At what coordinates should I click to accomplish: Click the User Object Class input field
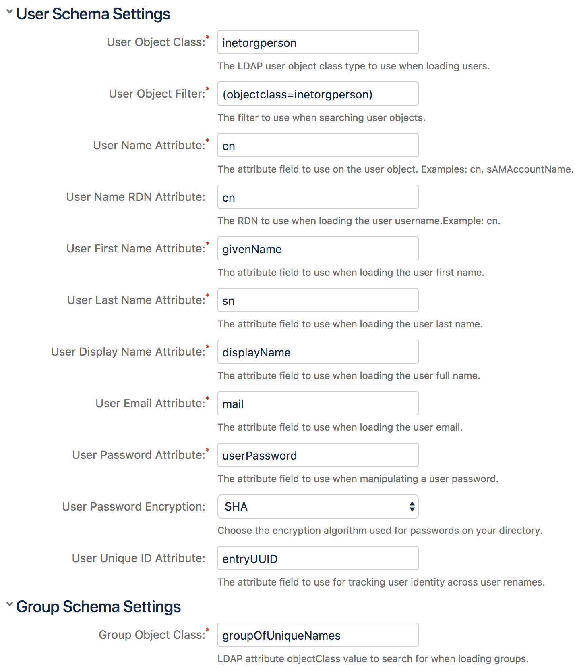318,42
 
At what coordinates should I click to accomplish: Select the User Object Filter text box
318,94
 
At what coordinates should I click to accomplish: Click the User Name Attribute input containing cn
318,145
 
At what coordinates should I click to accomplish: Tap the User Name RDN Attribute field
318,197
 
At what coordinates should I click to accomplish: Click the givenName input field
318,248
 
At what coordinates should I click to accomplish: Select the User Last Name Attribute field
318,300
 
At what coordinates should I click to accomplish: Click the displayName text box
318,352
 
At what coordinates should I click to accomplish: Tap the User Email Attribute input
318,403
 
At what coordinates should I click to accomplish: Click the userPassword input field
318,455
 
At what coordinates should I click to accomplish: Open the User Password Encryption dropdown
318,506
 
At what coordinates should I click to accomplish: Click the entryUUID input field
318,558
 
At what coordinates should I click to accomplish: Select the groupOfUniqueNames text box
318,635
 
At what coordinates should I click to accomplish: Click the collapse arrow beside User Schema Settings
10,12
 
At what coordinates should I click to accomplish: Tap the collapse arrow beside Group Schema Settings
10,604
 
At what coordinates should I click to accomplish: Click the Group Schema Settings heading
99,606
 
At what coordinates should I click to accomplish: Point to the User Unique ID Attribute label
138,558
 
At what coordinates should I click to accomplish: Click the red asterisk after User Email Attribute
208,399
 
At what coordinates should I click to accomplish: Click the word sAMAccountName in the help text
529,169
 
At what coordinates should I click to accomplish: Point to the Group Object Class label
152,635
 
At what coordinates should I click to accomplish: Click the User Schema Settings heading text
93,14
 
